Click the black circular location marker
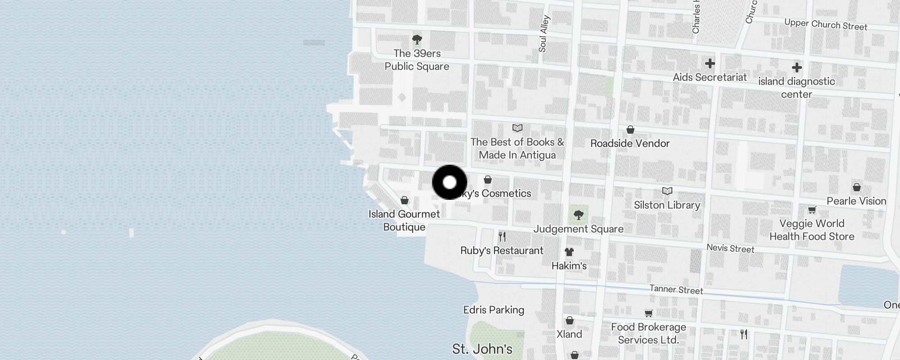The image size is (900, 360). coord(450,182)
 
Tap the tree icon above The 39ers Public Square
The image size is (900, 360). coord(417,40)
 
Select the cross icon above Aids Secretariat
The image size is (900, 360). coord(710,63)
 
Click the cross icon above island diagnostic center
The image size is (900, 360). coord(796,67)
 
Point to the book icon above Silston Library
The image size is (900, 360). coord(667,191)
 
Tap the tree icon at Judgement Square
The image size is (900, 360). coord(579,215)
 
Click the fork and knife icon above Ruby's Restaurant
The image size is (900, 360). coord(502,237)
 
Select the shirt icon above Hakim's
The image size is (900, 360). coord(569,252)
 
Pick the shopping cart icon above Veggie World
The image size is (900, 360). coord(812,210)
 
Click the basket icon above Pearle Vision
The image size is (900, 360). coord(856,187)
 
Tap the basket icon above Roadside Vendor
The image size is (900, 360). coord(630,130)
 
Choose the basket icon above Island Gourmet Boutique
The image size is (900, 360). coord(405,200)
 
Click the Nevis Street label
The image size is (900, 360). coord(730,248)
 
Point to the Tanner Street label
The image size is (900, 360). coord(676,290)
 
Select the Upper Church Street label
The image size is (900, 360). coord(825,25)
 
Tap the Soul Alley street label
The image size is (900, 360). coord(544,34)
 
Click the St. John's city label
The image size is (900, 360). coord(482,349)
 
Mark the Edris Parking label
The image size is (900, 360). coord(494,310)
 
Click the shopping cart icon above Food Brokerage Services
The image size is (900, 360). coord(648,313)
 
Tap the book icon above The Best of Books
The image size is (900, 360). coord(517,128)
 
